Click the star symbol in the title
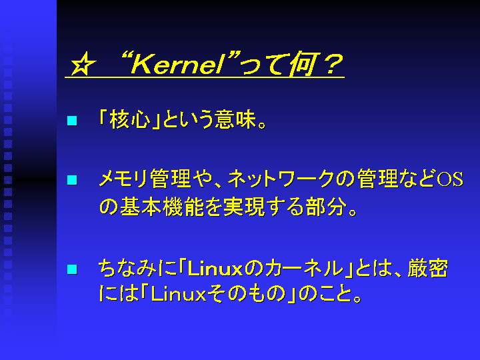click(83, 64)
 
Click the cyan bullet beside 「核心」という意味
click(72, 120)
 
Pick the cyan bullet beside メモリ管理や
click(72, 180)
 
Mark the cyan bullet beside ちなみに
click(72, 269)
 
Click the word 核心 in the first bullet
click(130, 119)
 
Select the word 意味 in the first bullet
click(235, 119)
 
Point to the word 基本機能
click(161, 207)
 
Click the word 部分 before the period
click(326, 207)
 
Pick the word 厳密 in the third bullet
click(428, 269)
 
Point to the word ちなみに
click(138, 269)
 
